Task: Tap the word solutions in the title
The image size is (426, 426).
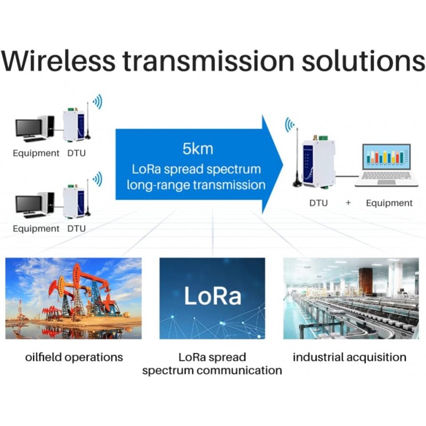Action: [364, 62]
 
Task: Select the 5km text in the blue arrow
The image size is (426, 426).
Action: [198, 149]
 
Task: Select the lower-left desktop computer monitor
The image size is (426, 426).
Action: [29, 205]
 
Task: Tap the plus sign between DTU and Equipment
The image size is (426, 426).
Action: [348, 203]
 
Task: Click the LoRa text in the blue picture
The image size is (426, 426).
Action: [212, 297]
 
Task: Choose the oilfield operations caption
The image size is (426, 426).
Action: [74, 357]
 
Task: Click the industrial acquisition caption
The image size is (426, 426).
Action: [349, 357]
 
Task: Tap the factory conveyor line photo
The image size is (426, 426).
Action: [350, 298]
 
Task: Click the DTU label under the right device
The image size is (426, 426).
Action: [318, 203]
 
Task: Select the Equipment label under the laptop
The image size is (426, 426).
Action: [389, 203]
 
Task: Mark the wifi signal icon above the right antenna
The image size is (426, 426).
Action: [289, 125]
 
